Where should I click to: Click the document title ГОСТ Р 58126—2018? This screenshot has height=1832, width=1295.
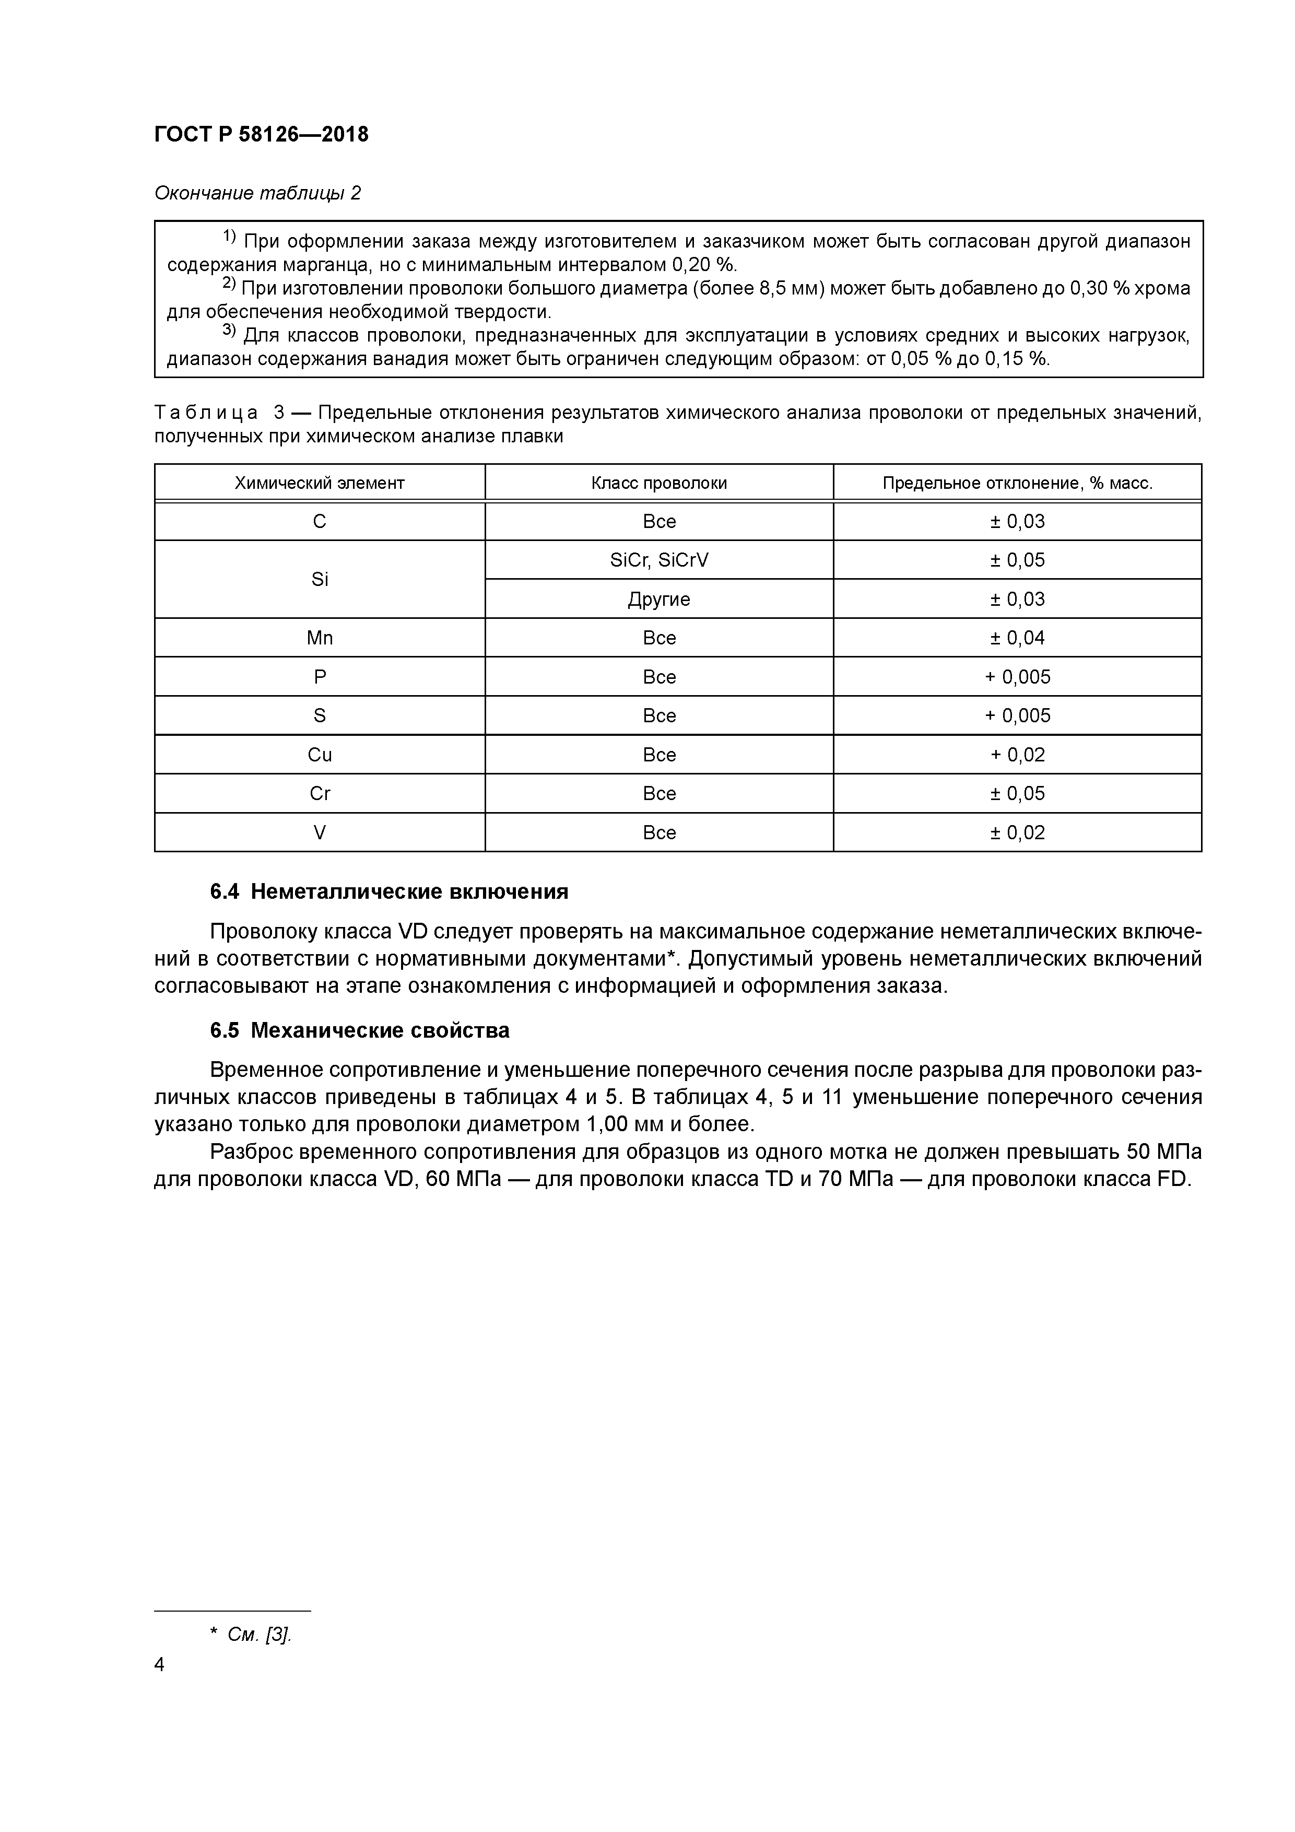point(261,135)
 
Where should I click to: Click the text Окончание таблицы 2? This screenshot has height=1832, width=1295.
point(257,193)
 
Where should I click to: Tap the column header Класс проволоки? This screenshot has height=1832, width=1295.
point(658,483)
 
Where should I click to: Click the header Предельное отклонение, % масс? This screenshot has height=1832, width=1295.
point(1017,483)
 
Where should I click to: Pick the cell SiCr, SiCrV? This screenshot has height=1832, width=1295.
point(658,560)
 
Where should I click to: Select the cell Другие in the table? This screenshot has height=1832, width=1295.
point(658,599)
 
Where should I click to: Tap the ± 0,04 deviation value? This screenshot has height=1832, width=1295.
point(1017,638)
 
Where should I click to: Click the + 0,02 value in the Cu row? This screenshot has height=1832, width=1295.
point(1017,755)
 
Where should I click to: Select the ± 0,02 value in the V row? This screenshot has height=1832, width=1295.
point(1017,833)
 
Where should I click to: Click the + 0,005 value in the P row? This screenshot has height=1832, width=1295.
point(1017,677)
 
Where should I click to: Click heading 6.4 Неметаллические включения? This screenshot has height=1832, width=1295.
point(388,892)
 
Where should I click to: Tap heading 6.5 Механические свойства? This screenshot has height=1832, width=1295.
point(359,1031)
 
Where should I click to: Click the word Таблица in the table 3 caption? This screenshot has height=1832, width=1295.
point(206,413)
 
